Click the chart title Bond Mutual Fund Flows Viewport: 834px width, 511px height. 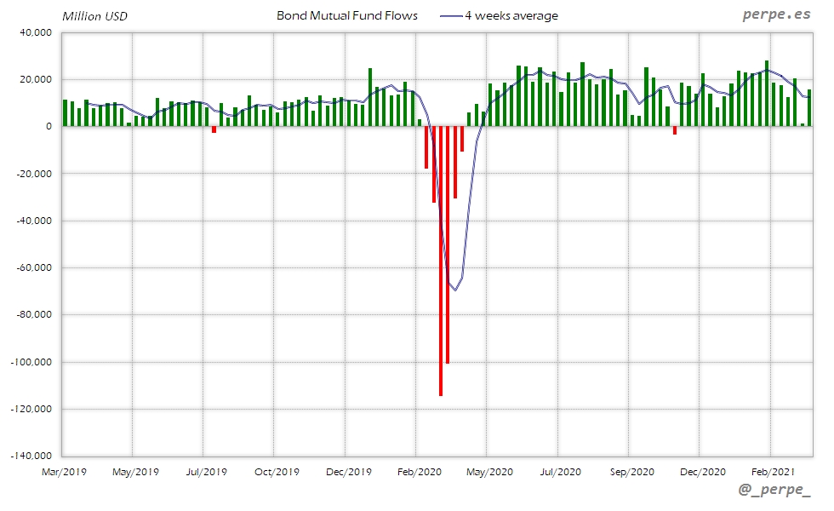(x=347, y=15)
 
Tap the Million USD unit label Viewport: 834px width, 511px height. (x=94, y=16)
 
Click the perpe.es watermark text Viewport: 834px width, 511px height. (x=775, y=15)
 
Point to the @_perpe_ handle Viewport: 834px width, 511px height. (x=774, y=491)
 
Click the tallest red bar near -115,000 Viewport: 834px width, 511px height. (x=441, y=261)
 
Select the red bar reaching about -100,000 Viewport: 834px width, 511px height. (x=448, y=244)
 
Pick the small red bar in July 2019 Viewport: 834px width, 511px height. (x=214, y=129)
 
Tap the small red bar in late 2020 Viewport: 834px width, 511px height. (x=675, y=130)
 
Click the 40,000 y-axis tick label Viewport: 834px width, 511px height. (x=35, y=32)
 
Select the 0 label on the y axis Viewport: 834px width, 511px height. (x=49, y=126)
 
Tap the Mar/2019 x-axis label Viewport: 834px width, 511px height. (x=63, y=471)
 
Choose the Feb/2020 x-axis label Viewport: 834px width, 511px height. (x=416, y=471)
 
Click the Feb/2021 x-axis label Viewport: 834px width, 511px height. (x=770, y=471)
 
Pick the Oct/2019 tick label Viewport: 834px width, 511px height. (x=276, y=471)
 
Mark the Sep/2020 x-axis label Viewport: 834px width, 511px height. (x=630, y=471)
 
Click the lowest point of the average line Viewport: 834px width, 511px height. (x=455, y=290)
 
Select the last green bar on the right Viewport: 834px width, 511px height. (x=809, y=108)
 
